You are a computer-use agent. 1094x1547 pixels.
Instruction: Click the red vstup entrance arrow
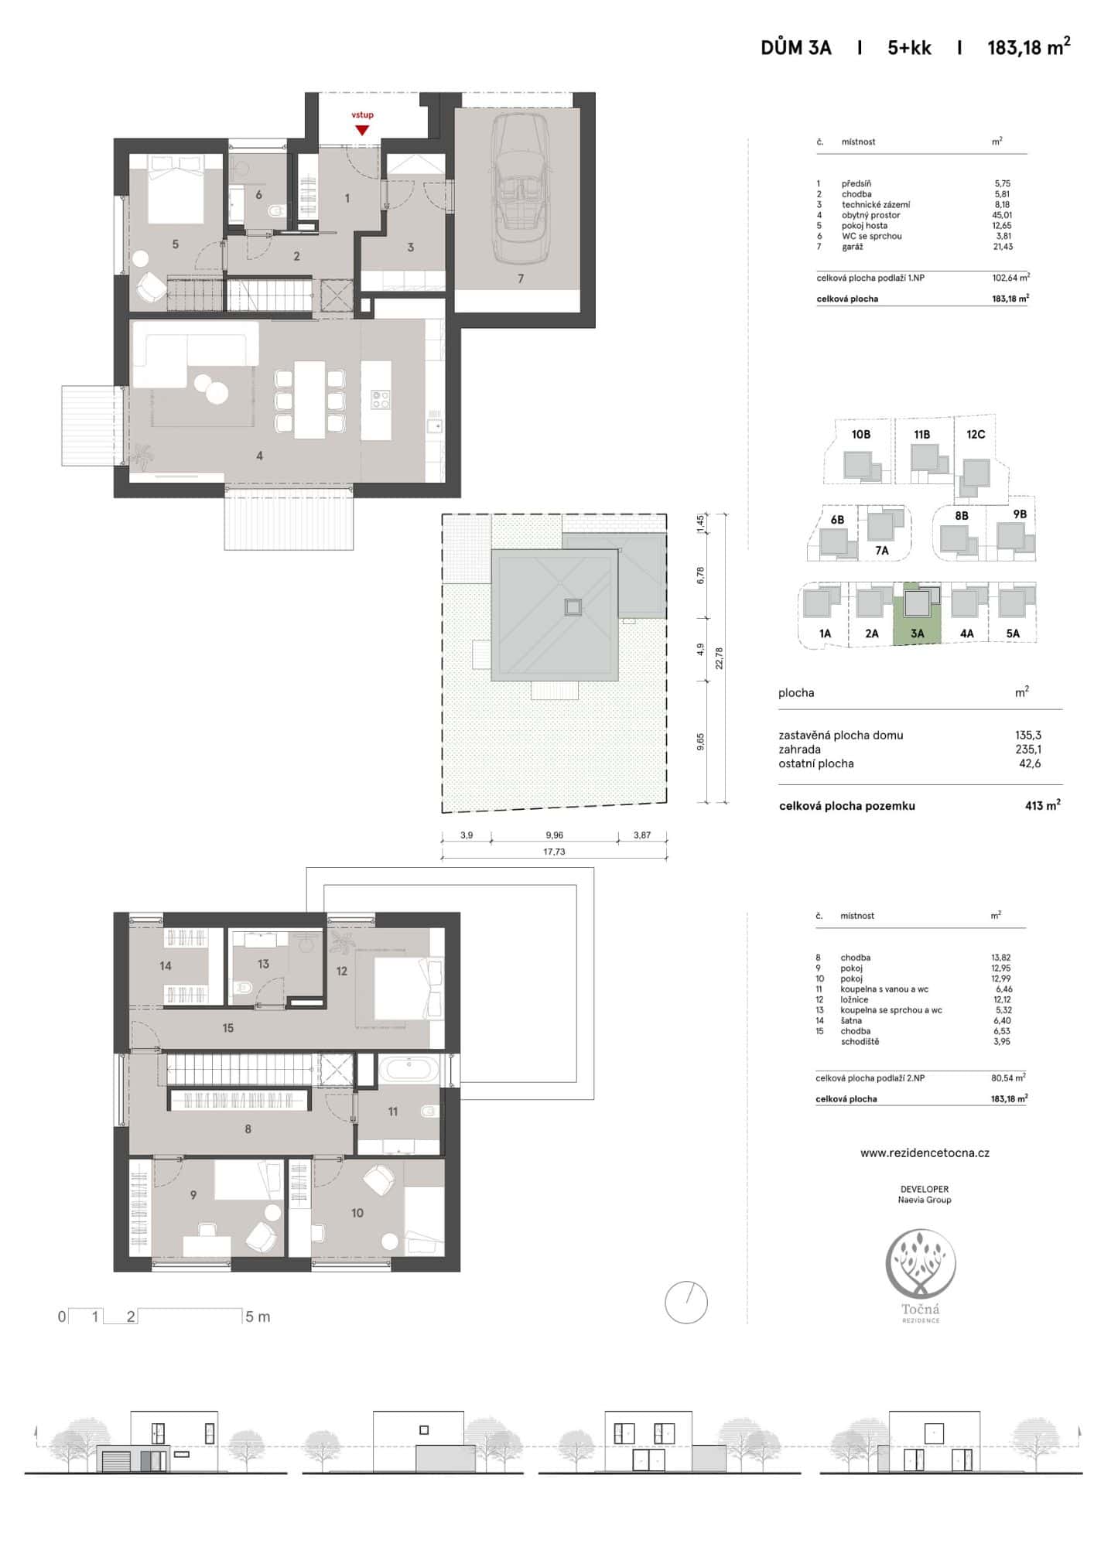[x=361, y=130]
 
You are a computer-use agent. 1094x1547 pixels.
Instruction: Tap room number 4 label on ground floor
[x=260, y=456]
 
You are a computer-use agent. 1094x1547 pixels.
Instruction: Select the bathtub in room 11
[x=409, y=1070]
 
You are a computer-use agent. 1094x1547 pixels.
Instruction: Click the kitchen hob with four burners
[x=380, y=400]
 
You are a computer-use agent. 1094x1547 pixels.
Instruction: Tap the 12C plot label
[x=976, y=435]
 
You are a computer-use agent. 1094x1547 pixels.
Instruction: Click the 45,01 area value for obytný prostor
[x=1003, y=215]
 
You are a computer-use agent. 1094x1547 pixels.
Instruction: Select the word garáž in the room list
[x=852, y=247]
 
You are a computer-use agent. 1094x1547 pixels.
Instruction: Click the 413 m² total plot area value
[x=1042, y=805]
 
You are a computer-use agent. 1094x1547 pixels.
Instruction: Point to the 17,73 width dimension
[x=554, y=852]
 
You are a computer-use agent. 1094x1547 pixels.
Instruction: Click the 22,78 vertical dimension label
[x=719, y=658]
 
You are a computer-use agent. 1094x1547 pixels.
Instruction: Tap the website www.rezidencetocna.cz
[x=925, y=1153]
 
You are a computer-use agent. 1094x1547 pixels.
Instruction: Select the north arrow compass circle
[x=686, y=1303]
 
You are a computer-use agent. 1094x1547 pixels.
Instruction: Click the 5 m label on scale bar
[x=258, y=1316]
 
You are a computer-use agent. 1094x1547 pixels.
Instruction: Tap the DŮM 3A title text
[x=796, y=48]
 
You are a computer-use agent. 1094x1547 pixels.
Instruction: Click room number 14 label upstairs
[x=166, y=966]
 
